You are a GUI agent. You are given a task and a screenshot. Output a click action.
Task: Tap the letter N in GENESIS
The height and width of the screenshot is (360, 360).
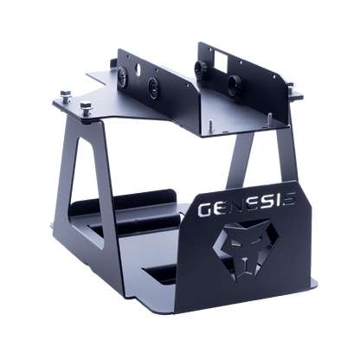(235, 206)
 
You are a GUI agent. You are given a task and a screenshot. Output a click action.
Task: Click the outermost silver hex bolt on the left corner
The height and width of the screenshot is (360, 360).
(66, 95)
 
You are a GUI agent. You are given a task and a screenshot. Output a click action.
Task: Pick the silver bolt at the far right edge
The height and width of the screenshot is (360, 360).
(291, 87)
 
